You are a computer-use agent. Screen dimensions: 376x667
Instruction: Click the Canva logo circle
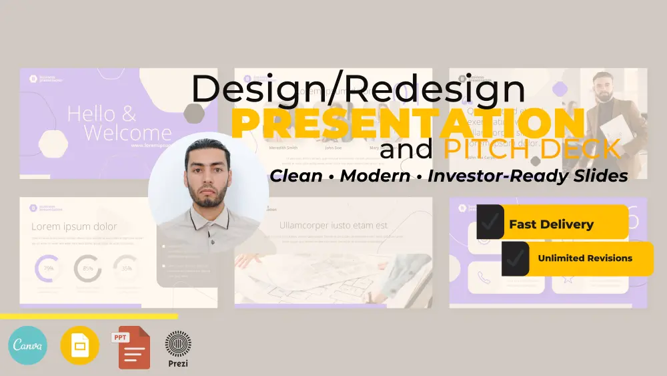(28, 345)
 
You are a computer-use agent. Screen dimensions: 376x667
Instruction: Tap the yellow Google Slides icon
(80, 345)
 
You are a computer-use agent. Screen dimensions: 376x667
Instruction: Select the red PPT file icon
(131, 347)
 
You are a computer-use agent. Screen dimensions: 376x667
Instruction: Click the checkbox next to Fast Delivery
(490, 222)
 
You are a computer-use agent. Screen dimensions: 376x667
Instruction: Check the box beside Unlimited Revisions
(516, 258)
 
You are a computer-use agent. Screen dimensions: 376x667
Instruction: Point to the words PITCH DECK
(532, 149)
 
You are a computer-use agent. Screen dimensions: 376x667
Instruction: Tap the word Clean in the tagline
(299, 176)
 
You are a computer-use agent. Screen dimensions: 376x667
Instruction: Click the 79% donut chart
(49, 268)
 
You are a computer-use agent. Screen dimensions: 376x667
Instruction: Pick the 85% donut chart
(87, 268)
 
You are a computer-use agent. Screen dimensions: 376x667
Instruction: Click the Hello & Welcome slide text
(119, 123)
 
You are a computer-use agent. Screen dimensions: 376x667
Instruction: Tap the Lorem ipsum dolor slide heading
(74, 226)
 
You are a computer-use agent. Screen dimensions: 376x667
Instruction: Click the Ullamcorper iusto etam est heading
(333, 225)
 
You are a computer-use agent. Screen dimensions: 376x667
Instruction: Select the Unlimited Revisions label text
(585, 258)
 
